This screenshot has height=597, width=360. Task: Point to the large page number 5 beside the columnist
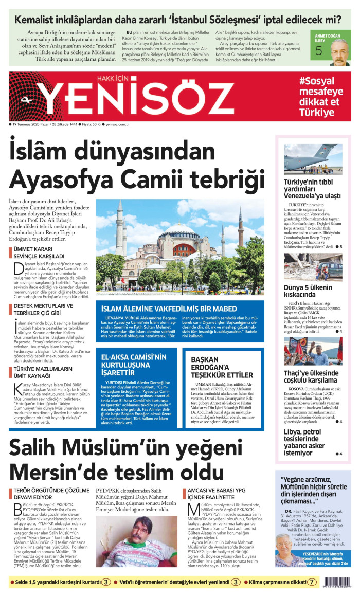(x=319, y=50)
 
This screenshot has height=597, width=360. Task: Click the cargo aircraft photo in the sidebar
(x=312, y=159)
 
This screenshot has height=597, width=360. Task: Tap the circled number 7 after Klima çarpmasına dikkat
(x=312, y=583)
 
